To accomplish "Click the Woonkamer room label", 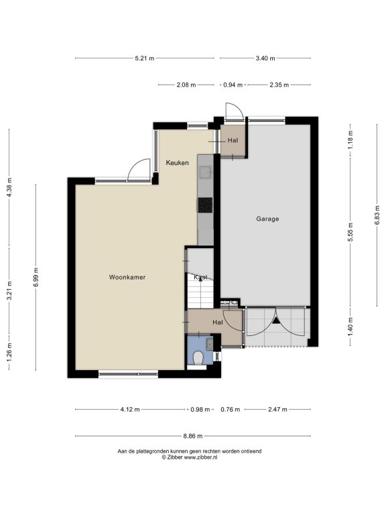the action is [x=127, y=277].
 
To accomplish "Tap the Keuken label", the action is [x=177, y=162].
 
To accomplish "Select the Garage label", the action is [x=267, y=219].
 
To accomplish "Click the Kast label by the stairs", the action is [x=200, y=277].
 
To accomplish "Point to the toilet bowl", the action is [x=198, y=358].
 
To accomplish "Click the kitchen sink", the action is [x=206, y=172].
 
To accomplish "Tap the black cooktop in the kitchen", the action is [x=205, y=205].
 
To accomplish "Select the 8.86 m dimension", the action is [x=193, y=436].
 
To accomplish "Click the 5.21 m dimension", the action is [x=145, y=58].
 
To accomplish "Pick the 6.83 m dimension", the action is [x=377, y=215].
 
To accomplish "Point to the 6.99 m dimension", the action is [x=36, y=278].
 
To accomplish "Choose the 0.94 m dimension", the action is [x=233, y=85].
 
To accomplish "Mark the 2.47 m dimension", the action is [x=277, y=409].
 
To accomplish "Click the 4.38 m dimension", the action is [x=9, y=188].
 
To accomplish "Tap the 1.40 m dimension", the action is [x=350, y=327].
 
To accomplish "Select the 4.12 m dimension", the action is [x=130, y=409].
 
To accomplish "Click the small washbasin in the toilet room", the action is [x=209, y=343].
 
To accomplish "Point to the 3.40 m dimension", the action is [x=265, y=58].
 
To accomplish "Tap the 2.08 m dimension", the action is [x=186, y=85].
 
